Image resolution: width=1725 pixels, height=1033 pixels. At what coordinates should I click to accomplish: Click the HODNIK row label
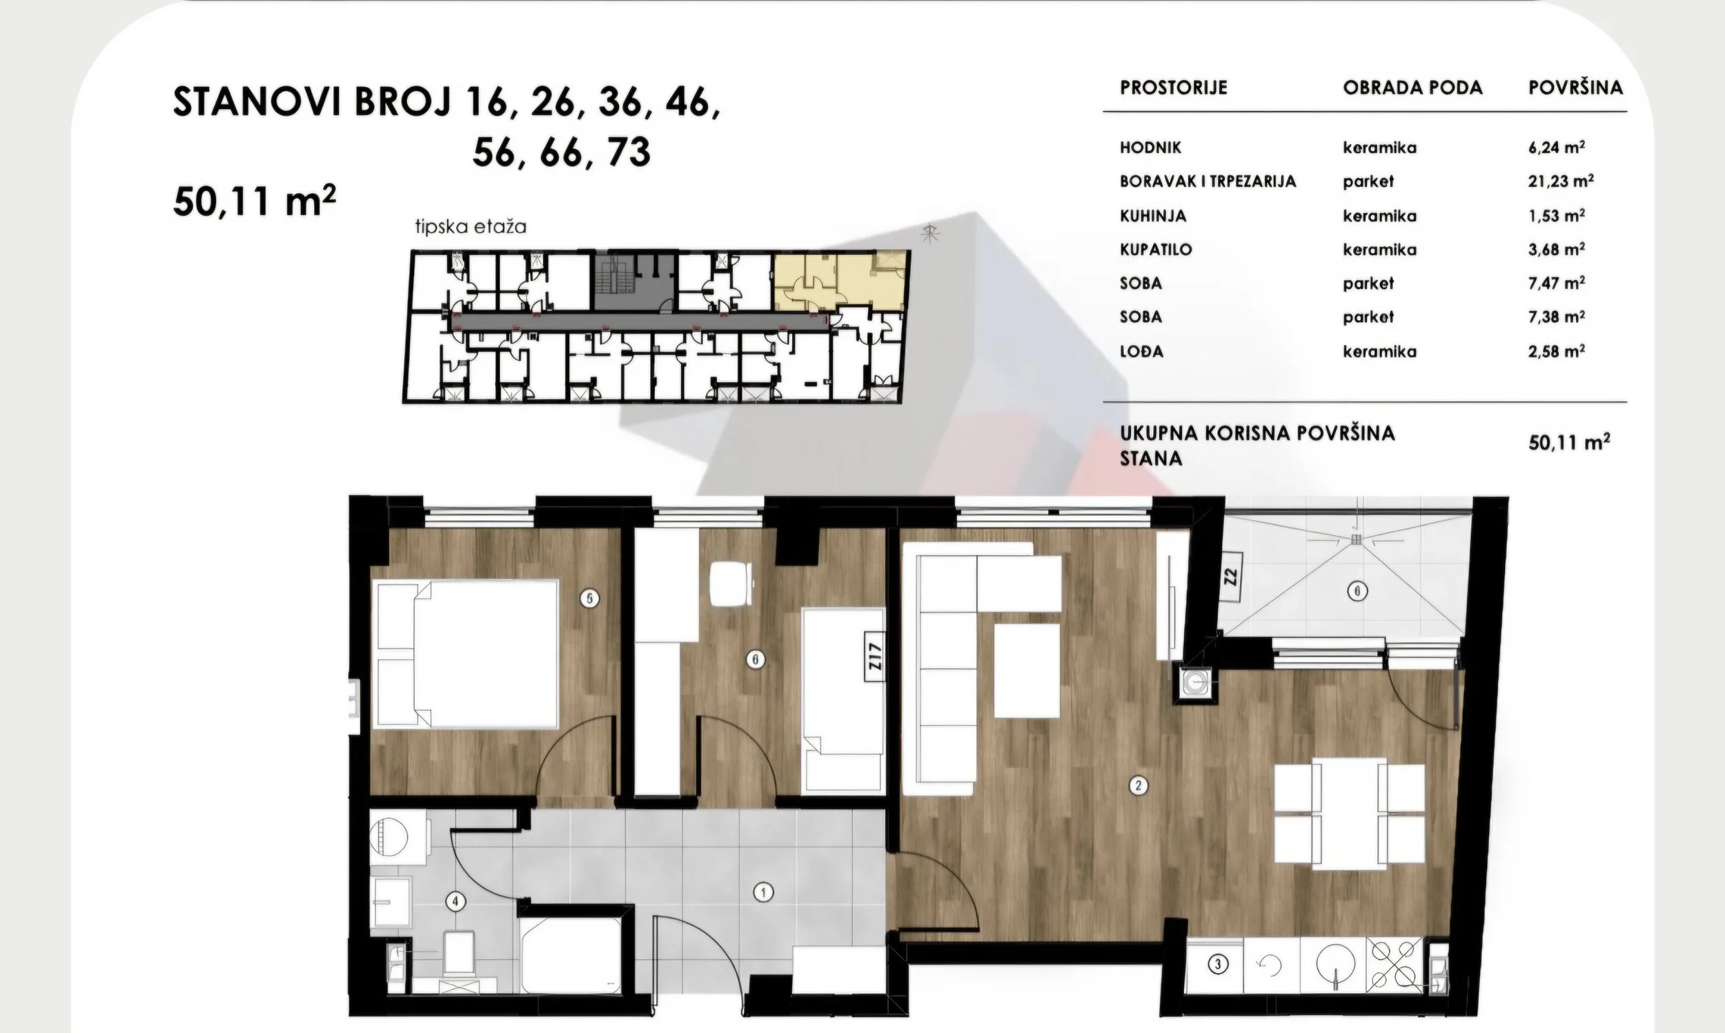pyautogui.click(x=1150, y=148)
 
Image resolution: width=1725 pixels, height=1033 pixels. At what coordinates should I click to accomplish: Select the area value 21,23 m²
pyautogui.click(x=1561, y=181)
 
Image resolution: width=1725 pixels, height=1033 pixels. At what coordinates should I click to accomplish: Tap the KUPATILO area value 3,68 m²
pyautogui.click(x=1557, y=248)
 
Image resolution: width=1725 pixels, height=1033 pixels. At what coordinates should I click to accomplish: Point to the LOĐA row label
pyautogui.click(x=1141, y=351)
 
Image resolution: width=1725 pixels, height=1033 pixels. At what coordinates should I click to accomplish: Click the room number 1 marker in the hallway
pyautogui.click(x=764, y=892)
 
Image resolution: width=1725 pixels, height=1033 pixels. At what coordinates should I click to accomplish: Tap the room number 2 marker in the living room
pyautogui.click(x=1138, y=786)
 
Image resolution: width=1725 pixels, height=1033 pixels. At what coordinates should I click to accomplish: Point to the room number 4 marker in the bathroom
pyautogui.click(x=455, y=902)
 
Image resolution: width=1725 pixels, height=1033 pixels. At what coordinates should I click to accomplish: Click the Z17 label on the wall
pyautogui.click(x=876, y=657)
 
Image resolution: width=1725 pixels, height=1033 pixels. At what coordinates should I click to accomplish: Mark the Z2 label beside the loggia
pyautogui.click(x=1230, y=576)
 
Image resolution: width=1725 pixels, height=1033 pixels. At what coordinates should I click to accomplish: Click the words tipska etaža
pyautogui.click(x=471, y=227)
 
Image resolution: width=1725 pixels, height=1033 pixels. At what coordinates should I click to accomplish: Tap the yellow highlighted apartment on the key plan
pyautogui.click(x=839, y=281)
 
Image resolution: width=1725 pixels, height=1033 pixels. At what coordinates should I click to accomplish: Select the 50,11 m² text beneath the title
pyautogui.click(x=255, y=202)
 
